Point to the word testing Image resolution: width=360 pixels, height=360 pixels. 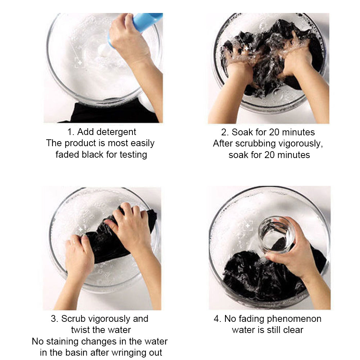[133, 155]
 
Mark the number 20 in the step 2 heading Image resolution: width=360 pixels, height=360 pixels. [274, 132]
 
